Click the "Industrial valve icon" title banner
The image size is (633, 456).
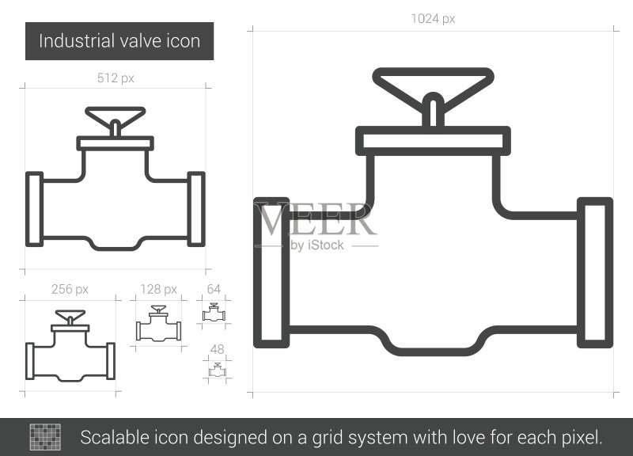[119, 41]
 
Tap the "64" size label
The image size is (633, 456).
[214, 289]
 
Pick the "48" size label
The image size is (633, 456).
[217, 349]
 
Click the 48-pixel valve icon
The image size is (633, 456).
[217, 370]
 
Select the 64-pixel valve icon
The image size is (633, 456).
[214, 312]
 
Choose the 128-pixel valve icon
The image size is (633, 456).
[159, 324]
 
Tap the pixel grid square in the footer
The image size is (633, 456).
[45, 437]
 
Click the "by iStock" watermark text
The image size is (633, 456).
[317, 245]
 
